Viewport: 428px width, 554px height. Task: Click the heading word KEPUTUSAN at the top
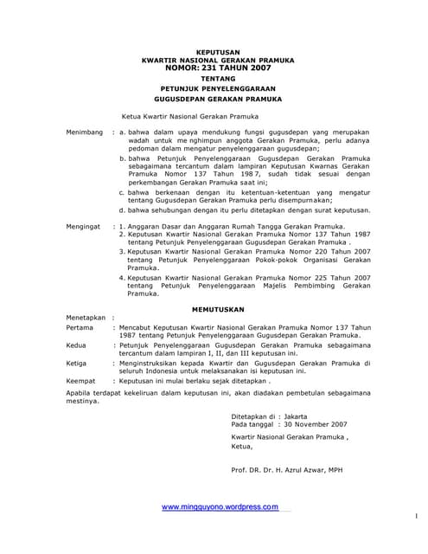coord(215,51)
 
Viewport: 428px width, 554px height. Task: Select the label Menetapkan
coord(87,319)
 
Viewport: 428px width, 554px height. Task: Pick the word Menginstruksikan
coord(157,364)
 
